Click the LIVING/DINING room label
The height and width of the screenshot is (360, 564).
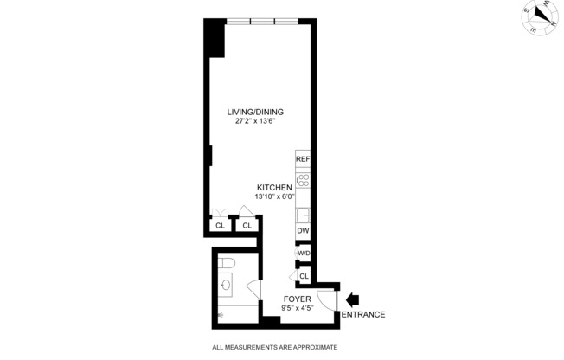coord(255,112)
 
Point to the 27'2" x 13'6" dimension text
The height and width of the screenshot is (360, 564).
coord(255,121)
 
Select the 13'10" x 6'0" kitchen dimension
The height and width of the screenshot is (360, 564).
coord(275,197)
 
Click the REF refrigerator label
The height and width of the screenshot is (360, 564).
coord(303,160)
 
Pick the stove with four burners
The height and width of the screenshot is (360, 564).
coord(303,181)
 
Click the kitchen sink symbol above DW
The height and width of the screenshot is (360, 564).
coord(303,214)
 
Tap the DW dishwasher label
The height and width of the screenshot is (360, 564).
coord(303,231)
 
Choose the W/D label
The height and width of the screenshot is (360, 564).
coord(304,253)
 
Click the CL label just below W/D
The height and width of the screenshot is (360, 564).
coord(304,276)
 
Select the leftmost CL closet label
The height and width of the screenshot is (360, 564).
coord(220,226)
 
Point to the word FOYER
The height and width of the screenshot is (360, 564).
coord(297,299)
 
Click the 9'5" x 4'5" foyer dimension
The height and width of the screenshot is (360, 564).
coord(297,307)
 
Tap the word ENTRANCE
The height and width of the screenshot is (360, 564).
coord(363,314)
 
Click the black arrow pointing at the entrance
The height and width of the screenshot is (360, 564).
coord(352,299)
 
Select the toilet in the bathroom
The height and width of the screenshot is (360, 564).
coord(227,264)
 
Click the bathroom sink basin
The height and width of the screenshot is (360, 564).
coord(226,284)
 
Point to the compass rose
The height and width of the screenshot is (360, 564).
coord(542,16)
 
